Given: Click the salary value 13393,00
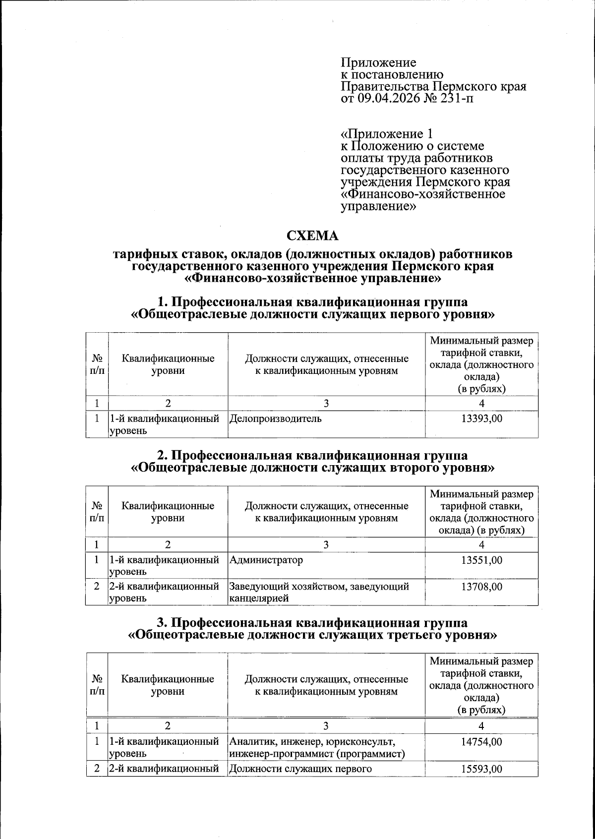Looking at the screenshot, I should pyautogui.click(x=481, y=419).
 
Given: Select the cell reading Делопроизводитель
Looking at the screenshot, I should pyautogui.click(x=275, y=419).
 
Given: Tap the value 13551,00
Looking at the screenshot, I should pyautogui.click(x=481, y=560).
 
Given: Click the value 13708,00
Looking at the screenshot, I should pyautogui.click(x=481, y=587).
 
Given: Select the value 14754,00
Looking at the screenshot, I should pyautogui.click(x=481, y=742).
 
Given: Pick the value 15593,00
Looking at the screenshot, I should pyautogui.click(x=481, y=769).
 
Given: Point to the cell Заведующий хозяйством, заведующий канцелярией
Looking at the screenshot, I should pyautogui.click(x=319, y=592).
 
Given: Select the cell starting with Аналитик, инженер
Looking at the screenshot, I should pyautogui.click(x=317, y=748).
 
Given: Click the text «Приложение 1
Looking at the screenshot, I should pyautogui.click(x=387, y=134).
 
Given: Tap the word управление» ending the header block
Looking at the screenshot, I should pyautogui.click(x=378, y=206).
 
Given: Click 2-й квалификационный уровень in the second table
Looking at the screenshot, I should pyautogui.click(x=164, y=592).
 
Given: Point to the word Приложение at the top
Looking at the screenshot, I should pyautogui.click(x=379, y=63).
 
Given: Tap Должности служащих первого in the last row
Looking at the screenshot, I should pyautogui.click(x=300, y=769).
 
